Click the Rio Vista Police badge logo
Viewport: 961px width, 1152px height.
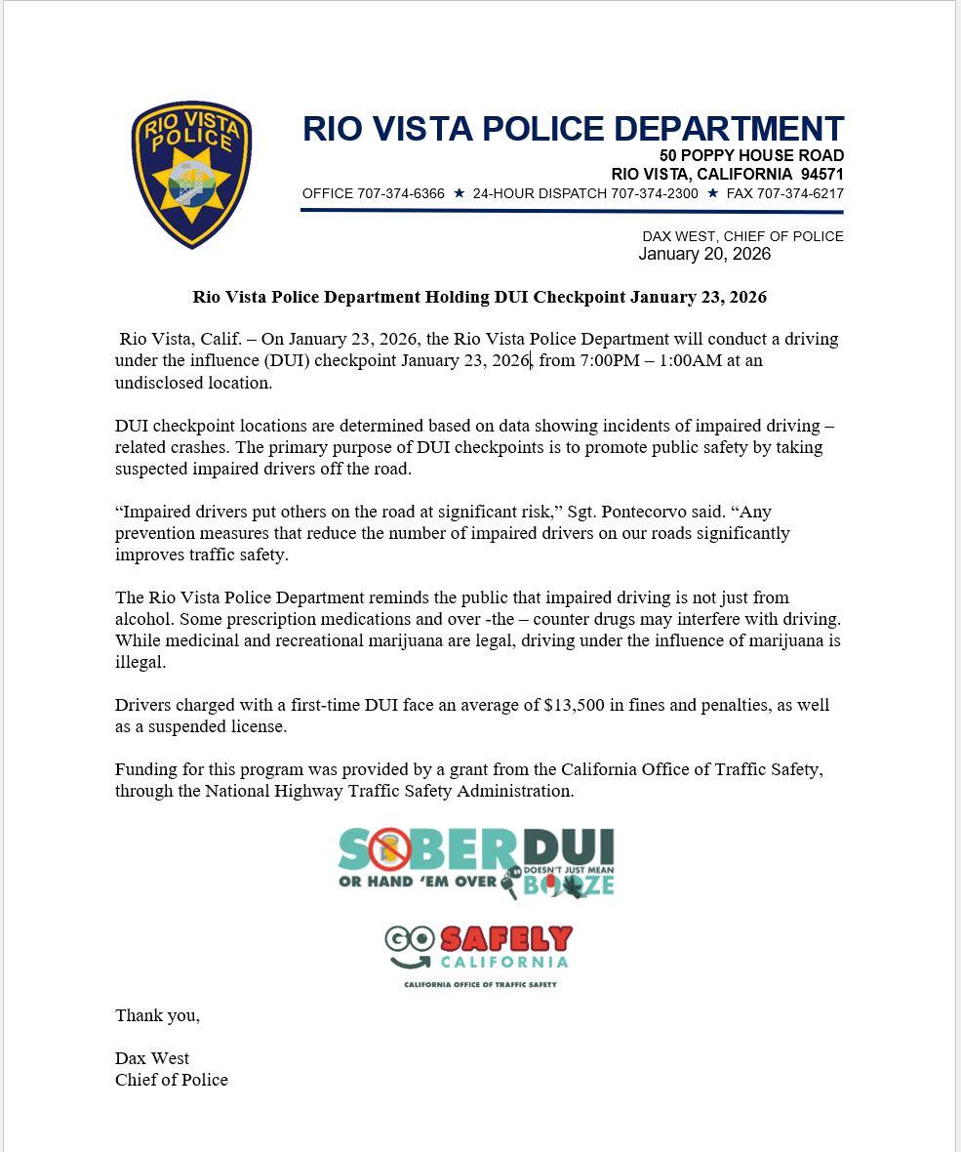tap(191, 175)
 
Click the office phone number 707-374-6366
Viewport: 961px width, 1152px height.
tap(400, 193)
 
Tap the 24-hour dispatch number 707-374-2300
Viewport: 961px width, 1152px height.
tap(654, 193)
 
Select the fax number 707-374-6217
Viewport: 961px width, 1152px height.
tap(800, 193)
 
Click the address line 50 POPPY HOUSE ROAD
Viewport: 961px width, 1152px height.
tap(751, 156)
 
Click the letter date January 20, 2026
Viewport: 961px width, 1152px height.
tap(704, 254)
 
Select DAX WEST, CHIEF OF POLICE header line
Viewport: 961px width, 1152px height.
tap(742, 236)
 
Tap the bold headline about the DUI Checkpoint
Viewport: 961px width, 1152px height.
tap(479, 297)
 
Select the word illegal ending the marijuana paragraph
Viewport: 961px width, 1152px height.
tap(140, 662)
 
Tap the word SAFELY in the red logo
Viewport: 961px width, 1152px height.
tap(505, 939)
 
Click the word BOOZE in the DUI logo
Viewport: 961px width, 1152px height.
tap(569, 885)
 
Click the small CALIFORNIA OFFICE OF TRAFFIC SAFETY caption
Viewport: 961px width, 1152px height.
tap(480, 984)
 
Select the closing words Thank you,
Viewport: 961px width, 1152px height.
tap(157, 1015)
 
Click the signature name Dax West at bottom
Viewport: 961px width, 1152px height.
tap(152, 1058)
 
